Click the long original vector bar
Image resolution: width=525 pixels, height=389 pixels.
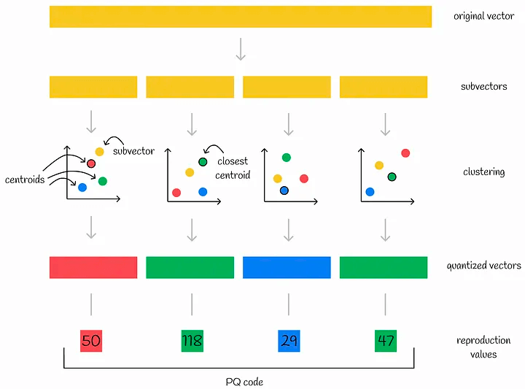click(x=241, y=17)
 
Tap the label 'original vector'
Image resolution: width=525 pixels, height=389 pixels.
click(x=483, y=16)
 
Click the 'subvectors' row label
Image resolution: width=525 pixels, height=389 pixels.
click(x=483, y=86)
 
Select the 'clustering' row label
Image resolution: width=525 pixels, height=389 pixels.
click(x=483, y=172)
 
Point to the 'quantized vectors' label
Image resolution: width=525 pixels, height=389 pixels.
click(x=483, y=266)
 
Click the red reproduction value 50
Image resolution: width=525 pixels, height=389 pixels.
click(x=91, y=341)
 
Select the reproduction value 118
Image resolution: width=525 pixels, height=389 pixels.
click(x=192, y=341)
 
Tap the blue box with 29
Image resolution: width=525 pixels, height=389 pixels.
click(x=289, y=341)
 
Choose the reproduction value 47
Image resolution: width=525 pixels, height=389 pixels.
click(x=385, y=341)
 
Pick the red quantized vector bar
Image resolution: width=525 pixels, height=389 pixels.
click(x=93, y=267)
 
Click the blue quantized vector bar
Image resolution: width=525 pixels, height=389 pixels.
click(x=287, y=267)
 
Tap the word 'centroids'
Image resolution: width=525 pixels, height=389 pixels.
click(x=26, y=179)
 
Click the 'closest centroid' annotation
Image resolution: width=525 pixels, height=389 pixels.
click(x=233, y=168)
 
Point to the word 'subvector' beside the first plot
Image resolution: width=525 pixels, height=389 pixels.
click(x=133, y=151)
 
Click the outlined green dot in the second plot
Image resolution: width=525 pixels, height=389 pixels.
click(x=203, y=161)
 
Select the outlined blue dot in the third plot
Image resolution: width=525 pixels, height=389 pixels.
click(x=284, y=190)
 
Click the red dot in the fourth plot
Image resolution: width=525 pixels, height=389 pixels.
click(x=405, y=153)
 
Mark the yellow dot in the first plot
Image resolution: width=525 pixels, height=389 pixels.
click(x=100, y=151)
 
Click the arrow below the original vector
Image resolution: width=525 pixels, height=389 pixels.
click(x=241, y=49)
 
